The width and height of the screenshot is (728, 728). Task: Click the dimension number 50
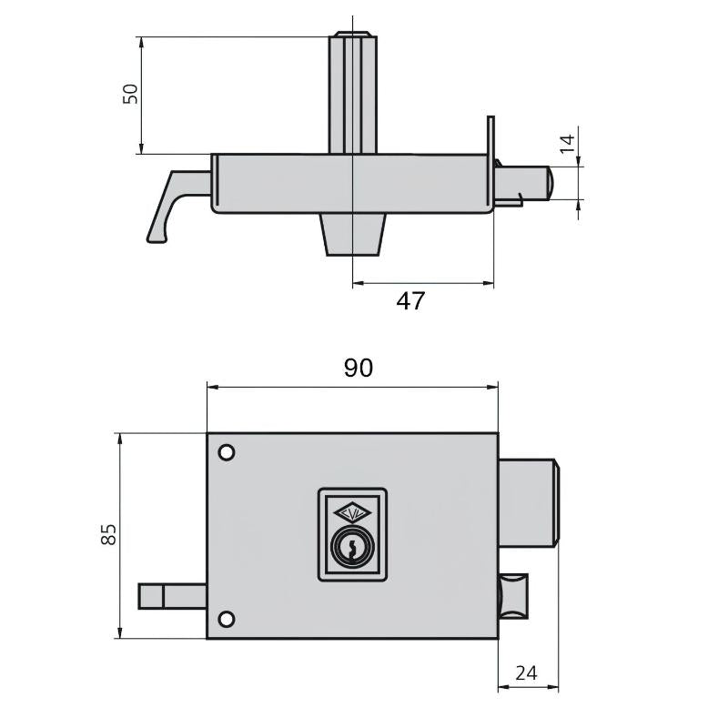[131, 94]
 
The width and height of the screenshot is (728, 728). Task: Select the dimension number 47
[410, 301]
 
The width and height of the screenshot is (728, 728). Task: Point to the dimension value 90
[358, 368]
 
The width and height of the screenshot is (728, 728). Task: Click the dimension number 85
[108, 534]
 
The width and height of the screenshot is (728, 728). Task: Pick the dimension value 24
[526, 673]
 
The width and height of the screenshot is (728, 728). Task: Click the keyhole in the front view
[351, 547]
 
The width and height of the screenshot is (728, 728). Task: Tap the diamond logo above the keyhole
[351, 512]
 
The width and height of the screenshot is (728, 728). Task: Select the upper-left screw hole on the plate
[226, 452]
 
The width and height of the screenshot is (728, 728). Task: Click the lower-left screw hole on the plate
[226, 620]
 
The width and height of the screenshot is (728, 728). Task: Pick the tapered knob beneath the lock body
[351, 234]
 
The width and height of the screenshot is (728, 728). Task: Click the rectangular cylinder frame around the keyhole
[352, 534]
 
